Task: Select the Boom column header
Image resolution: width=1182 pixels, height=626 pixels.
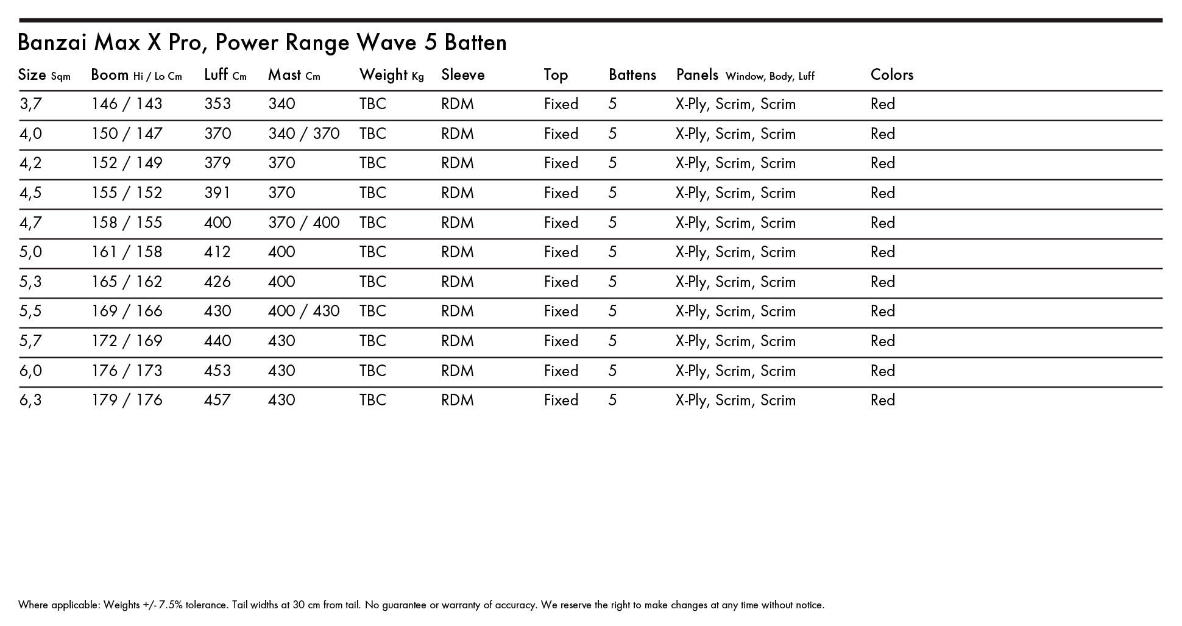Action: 110,75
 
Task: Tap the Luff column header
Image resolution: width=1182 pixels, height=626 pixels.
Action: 216,75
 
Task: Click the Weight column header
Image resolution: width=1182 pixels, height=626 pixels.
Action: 383,75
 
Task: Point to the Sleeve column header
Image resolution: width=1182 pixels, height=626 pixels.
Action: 462,75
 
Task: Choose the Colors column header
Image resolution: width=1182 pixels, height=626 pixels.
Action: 891,75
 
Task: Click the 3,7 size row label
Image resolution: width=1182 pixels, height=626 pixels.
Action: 30,104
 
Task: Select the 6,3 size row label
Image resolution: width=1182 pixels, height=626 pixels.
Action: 30,400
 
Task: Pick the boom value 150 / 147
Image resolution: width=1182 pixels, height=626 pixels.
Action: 127,134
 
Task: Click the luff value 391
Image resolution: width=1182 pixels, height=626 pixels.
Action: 218,193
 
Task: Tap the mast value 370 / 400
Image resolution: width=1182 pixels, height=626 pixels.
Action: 303,223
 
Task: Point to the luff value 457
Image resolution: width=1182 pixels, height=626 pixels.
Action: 218,400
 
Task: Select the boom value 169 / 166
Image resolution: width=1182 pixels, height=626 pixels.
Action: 127,311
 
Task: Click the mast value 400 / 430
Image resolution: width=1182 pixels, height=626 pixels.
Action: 303,311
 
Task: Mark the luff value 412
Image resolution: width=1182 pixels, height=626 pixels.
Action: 218,252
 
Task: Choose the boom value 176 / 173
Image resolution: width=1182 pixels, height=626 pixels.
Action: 127,371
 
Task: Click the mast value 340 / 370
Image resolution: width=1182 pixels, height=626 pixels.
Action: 303,134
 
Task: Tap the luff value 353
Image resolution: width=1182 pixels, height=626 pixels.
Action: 218,104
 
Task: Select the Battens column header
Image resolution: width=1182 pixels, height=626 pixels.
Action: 632,75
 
